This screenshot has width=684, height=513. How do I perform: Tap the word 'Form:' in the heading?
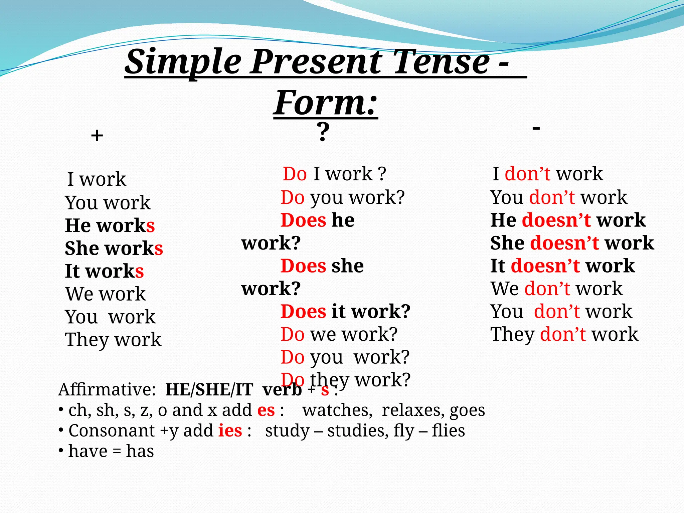pyautogui.click(x=326, y=103)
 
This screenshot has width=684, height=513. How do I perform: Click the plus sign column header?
pyautogui.click(x=97, y=136)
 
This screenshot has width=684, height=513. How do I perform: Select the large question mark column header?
pyautogui.click(x=323, y=132)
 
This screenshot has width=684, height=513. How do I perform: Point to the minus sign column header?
pyautogui.click(x=536, y=128)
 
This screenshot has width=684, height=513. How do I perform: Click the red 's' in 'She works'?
pyautogui.click(x=159, y=248)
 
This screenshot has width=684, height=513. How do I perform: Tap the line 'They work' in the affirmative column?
pyautogui.click(x=113, y=340)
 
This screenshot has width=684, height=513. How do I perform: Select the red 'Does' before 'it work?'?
pyautogui.click(x=303, y=311)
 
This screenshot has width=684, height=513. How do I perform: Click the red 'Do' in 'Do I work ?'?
pyautogui.click(x=295, y=174)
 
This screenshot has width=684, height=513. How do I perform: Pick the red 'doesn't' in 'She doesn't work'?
pyautogui.click(x=564, y=243)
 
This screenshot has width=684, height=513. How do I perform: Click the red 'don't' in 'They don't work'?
pyautogui.click(x=563, y=334)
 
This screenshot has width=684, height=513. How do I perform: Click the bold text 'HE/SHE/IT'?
pyautogui.click(x=209, y=389)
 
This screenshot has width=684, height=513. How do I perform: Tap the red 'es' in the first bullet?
pyautogui.click(x=266, y=410)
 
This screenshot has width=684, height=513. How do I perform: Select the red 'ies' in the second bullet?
pyautogui.click(x=230, y=431)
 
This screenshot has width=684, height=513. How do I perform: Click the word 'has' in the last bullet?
pyautogui.click(x=140, y=451)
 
